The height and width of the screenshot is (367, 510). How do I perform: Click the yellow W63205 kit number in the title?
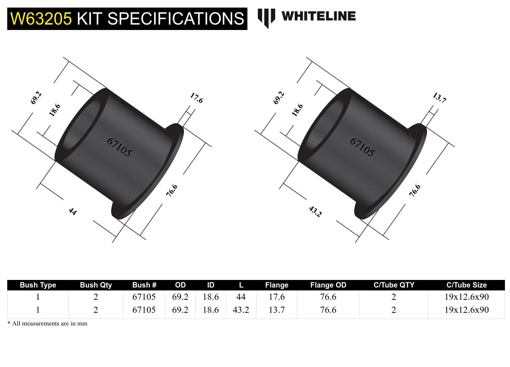point(41,18)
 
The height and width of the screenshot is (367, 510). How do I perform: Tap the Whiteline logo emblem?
point(266,18)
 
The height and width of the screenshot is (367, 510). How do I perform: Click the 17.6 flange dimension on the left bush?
point(196,98)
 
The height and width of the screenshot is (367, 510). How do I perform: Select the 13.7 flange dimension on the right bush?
point(439,98)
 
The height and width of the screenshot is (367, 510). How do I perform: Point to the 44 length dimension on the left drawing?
point(73,211)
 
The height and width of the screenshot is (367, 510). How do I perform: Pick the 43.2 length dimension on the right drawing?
point(315,211)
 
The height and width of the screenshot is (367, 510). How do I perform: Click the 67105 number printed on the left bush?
point(119,147)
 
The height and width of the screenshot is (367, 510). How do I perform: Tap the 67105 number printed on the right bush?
point(362,147)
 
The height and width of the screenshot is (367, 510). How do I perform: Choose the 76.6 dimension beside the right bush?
point(415,190)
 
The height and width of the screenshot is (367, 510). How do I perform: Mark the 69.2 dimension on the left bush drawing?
point(36,98)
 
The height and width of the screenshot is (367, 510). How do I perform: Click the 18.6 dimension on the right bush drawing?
point(297,110)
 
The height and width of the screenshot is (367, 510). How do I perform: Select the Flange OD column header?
point(328,285)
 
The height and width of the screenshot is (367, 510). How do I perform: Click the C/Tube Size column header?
point(466,285)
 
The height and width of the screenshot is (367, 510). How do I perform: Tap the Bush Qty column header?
point(96,285)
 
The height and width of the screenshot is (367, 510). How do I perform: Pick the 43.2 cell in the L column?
point(241,310)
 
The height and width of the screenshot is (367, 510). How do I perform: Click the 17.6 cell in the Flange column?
point(277,297)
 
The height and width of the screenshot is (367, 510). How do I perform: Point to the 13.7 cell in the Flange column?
point(277,310)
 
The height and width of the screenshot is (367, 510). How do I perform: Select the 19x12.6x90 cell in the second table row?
point(466,310)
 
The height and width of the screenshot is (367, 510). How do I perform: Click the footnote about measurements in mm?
point(47,324)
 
